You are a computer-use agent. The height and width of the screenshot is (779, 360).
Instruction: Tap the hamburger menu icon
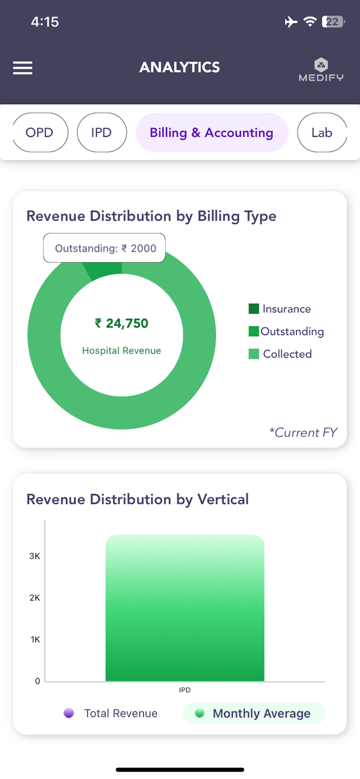[x=23, y=68]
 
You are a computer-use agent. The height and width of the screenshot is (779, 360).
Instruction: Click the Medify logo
[x=321, y=70]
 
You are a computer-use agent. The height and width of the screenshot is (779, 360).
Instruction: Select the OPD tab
[x=39, y=132]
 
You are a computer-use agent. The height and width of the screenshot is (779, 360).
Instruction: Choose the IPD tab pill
[x=101, y=132]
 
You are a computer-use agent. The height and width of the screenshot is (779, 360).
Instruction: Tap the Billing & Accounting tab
[x=211, y=132]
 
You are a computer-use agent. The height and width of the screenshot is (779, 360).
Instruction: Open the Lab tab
[x=322, y=132]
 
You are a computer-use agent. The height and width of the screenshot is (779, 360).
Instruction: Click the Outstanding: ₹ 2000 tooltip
[x=104, y=248]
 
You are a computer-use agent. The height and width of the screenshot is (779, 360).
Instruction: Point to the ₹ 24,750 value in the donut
[x=122, y=324]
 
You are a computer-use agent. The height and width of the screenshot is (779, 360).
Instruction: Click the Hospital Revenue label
[x=122, y=351]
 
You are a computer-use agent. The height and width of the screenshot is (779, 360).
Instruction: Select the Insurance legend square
[x=254, y=309]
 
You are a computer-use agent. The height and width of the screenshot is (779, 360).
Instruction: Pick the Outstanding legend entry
[x=286, y=331]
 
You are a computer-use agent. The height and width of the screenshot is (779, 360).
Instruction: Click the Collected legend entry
[x=281, y=354]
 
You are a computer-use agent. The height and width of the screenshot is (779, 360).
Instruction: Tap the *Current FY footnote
[x=303, y=433]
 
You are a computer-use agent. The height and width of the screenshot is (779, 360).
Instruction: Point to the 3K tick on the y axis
[x=35, y=556]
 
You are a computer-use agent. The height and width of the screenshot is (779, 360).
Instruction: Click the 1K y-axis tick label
[x=35, y=639]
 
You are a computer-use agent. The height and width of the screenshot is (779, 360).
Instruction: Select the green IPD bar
[x=185, y=608]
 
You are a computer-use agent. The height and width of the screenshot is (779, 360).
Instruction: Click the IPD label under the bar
[x=185, y=690]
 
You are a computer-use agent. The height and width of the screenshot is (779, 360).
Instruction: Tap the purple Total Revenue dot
[x=69, y=714]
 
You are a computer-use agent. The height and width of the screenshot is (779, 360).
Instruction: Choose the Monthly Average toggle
[x=254, y=714]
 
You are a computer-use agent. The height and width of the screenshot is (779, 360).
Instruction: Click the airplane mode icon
[x=291, y=22]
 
